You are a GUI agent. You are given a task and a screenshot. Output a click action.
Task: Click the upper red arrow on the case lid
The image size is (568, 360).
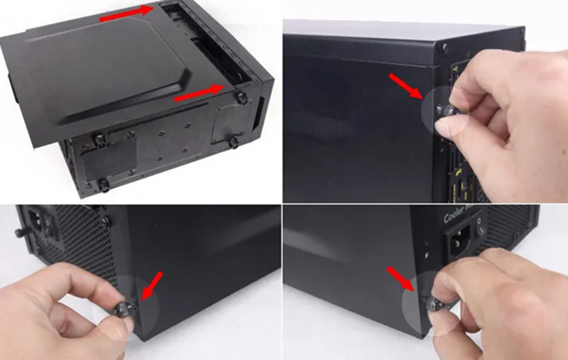[126, 15]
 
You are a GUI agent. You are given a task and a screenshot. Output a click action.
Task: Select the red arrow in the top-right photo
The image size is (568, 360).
[406, 87]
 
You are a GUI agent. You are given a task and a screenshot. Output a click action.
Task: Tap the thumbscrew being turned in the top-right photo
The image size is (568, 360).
[445, 109]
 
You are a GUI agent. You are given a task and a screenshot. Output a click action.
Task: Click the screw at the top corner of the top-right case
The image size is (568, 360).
[444, 48]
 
